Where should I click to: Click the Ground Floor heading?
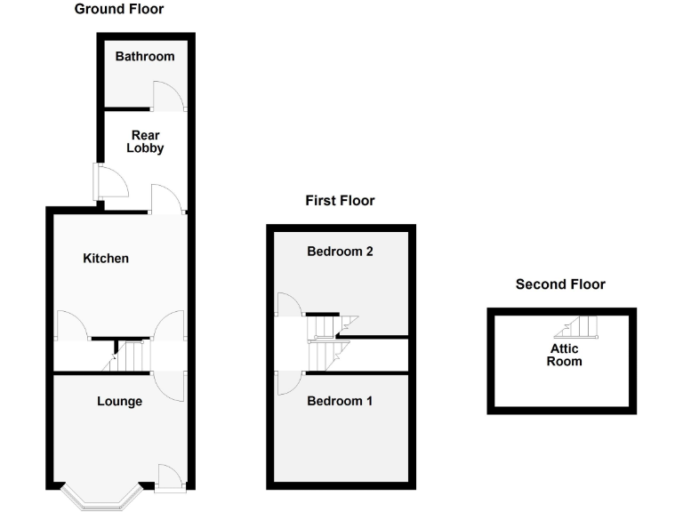pyautogui.click(x=118, y=9)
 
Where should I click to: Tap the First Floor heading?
pyautogui.click(x=340, y=201)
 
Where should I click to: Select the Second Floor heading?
pyautogui.click(x=560, y=284)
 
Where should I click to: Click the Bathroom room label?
pyautogui.click(x=145, y=57)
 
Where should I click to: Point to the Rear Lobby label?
pyautogui.click(x=145, y=142)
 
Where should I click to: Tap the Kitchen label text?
pyautogui.click(x=106, y=259)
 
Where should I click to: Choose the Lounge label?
pyautogui.click(x=119, y=402)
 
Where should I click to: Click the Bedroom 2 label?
pyautogui.click(x=340, y=252)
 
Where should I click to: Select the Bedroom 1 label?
pyautogui.click(x=340, y=402)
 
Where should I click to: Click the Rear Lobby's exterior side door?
pyautogui.click(x=112, y=181)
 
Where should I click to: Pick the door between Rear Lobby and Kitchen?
pyautogui.click(x=166, y=199)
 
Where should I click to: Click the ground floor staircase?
pyautogui.click(x=125, y=356)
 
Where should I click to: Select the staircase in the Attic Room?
pyautogui.click(x=583, y=328)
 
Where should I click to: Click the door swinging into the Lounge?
pyautogui.click(x=168, y=385)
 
